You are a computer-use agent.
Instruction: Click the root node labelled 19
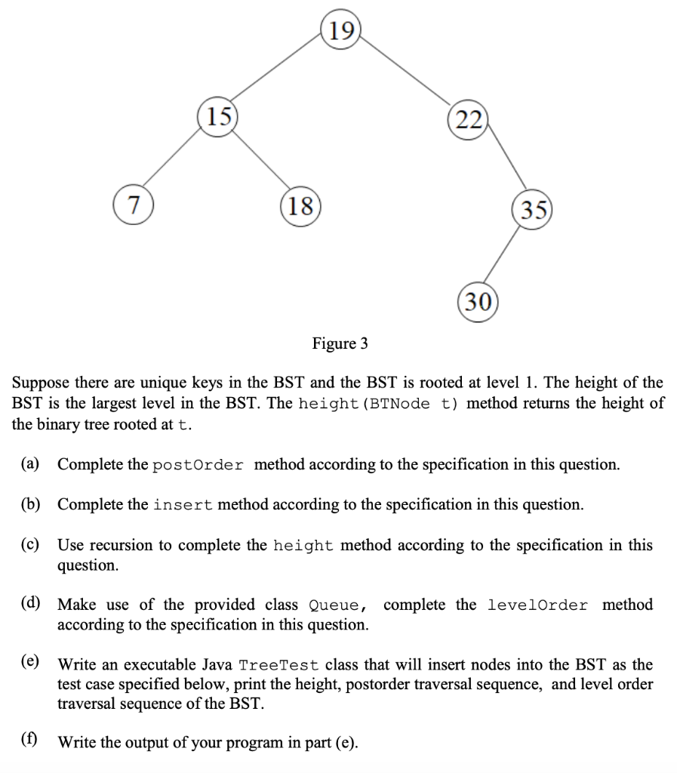[340, 30]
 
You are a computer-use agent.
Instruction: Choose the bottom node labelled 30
[475, 303]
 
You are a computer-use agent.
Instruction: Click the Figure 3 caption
[340, 344]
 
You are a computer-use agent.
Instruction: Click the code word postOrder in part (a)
[198, 464]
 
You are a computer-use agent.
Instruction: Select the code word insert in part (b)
[183, 504]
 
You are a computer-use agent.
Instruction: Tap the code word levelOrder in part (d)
[537, 605]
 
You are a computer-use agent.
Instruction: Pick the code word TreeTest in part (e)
[278, 665]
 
